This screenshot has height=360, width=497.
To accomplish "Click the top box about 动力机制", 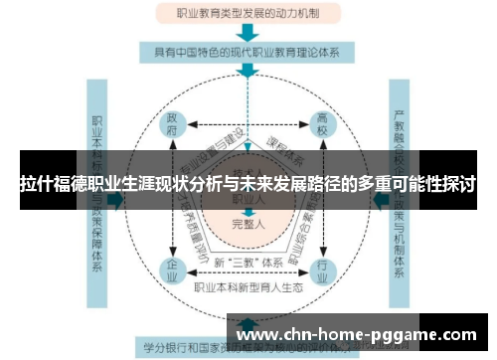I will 248,14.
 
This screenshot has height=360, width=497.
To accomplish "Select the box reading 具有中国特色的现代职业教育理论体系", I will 248,51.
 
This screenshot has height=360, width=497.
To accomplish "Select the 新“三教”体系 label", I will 248,263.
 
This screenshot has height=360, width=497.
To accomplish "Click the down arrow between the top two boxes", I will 248,32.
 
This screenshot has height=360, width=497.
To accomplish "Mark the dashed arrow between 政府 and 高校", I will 248,124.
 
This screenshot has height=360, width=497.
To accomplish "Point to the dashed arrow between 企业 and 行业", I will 248,275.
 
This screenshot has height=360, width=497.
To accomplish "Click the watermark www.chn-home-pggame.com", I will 358,334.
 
